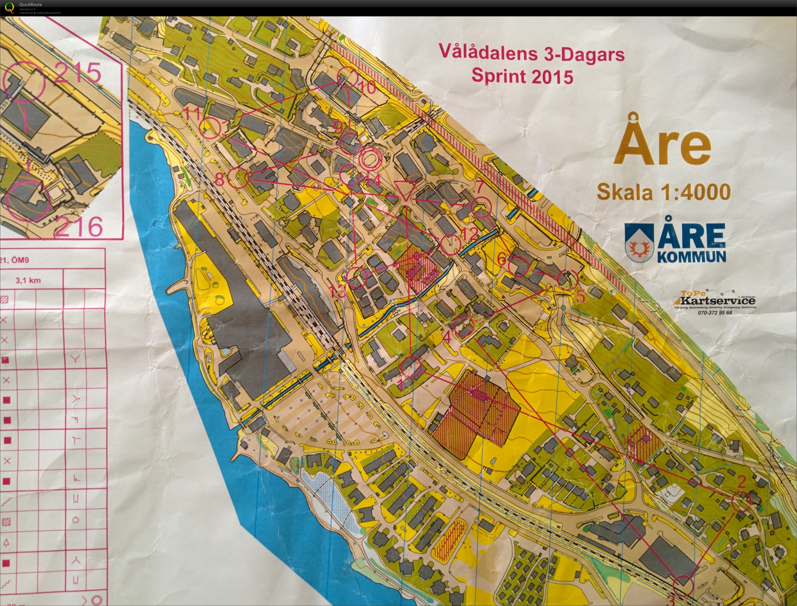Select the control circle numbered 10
(347, 77)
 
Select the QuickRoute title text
(30, 4)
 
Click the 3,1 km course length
(28, 280)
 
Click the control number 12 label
(469, 233)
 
